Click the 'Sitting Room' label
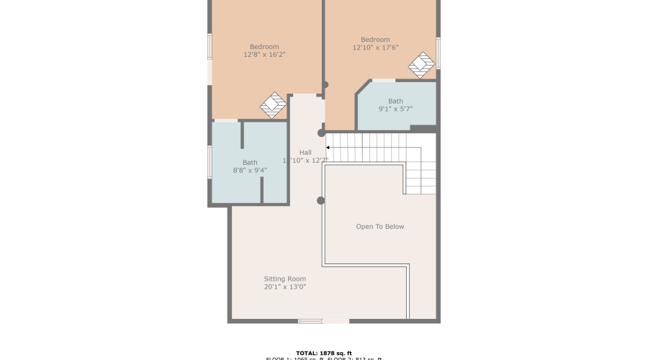pos(284,279)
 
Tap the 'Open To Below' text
pos(380,227)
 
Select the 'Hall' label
pos(305,153)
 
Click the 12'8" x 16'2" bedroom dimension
pos(264,55)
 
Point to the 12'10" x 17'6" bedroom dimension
pos(375,48)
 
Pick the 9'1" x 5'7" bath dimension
pos(395,109)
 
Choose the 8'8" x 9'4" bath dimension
pos(250,171)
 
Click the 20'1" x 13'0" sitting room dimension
pos(284,287)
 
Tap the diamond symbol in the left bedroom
pos(273,105)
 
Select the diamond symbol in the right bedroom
pos(421,65)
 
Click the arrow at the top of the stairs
pos(329,147)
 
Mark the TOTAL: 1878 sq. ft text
pos(323,353)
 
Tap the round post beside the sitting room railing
pos(320,200)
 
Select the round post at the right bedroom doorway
pos(325,85)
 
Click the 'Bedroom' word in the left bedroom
pos(264,47)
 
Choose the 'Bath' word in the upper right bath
pos(395,101)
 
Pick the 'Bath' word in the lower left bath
pos(250,163)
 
